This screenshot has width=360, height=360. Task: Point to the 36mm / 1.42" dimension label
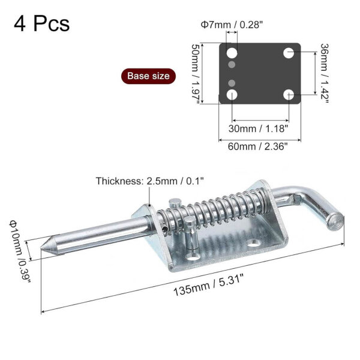click(x=325, y=73)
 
